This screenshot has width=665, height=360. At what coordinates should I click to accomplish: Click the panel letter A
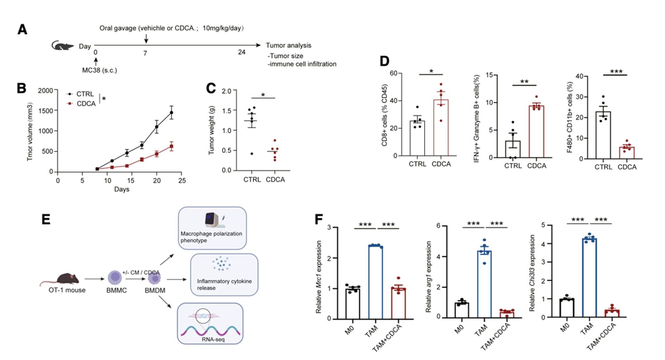(22, 29)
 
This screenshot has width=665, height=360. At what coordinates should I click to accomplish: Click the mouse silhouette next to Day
(63, 46)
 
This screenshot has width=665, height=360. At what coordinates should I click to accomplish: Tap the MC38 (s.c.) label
(100, 70)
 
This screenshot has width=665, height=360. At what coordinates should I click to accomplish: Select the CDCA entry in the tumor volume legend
(81, 104)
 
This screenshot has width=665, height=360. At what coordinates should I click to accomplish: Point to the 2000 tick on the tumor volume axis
(45, 91)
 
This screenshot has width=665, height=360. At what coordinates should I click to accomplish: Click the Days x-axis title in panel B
(122, 189)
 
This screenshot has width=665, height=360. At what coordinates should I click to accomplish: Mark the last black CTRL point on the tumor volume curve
(171, 113)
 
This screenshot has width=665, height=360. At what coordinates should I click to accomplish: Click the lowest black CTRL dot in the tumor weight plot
(252, 154)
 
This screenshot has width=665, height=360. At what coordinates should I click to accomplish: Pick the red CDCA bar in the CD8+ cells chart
(441, 128)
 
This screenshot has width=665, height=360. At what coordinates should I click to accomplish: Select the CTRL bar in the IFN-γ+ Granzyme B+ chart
(512, 149)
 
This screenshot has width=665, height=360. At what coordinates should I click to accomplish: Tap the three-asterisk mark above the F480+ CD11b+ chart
(616, 71)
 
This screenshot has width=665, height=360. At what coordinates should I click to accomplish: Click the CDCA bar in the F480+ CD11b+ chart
(627, 153)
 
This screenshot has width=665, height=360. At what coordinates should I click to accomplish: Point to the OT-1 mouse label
(67, 290)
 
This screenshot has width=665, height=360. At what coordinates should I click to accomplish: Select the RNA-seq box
(210, 324)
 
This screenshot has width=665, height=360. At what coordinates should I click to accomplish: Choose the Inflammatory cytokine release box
(224, 275)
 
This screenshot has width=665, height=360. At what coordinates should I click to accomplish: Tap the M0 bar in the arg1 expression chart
(462, 310)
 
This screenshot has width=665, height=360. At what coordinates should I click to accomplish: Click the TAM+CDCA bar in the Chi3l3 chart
(612, 314)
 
